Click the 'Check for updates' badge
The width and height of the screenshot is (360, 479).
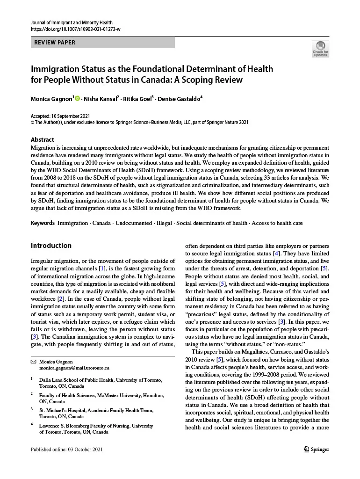pos(320,49)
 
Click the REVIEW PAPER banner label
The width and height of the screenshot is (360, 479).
pos(55,43)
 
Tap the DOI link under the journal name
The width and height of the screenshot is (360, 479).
pos(75,29)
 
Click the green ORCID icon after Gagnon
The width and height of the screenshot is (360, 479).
pos(77,98)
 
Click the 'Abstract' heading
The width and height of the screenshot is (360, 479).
pos(42,139)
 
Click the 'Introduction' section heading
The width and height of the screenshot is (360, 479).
pos(51,246)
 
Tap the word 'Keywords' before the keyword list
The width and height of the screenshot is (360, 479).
pos(43,223)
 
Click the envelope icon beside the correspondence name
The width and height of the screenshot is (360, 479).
pos(33,362)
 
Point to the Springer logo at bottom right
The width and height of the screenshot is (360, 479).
pos(314,449)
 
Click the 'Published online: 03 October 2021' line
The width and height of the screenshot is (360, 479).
pos(66,450)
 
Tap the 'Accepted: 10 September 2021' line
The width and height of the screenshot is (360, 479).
pos(60,116)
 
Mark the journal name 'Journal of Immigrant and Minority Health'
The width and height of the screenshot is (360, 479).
pos(72,22)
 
